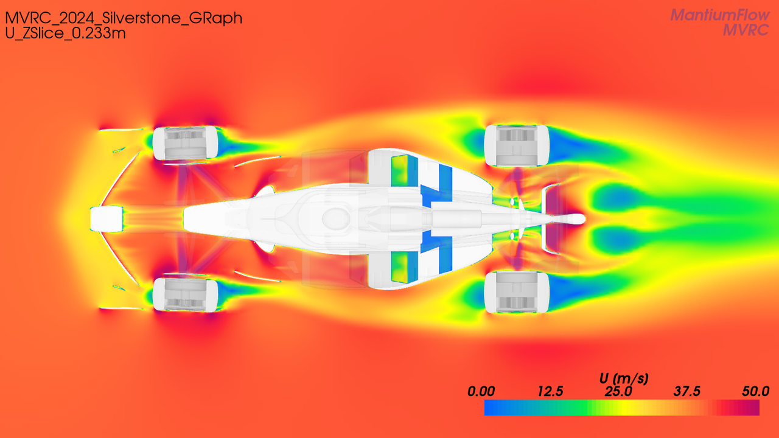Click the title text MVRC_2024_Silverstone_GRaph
tap(124, 18)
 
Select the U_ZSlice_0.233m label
tap(65, 33)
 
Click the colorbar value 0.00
tap(481, 391)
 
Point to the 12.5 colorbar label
tap(550, 391)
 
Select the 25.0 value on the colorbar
tap(618, 391)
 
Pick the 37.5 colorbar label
tap(687, 391)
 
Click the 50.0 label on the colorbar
tap(755, 391)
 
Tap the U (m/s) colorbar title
tap(624, 378)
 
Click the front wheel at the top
tap(185, 143)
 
